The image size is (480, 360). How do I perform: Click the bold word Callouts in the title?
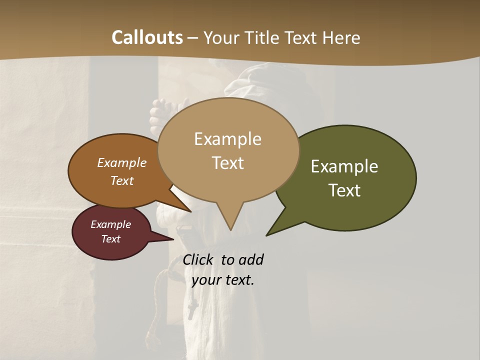pyautogui.click(x=147, y=37)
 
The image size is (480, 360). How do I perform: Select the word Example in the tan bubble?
pyautogui.click(x=227, y=139)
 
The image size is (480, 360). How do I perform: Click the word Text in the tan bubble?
pyautogui.click(x=227, y=163)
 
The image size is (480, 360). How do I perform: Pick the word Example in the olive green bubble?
pyautogui.click(x=344, y=166)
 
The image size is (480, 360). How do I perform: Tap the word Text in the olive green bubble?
pyautogui.click(x=344, y=190)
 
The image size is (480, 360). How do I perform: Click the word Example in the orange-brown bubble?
pyautogui.click(x=122, y=162)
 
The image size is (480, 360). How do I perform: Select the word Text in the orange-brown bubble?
pyautogui.click(x=122, y=180)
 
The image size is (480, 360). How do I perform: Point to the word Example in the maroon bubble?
pyautogui.click(x=110, y=224)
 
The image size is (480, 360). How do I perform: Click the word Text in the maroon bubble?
pyautogui.click(x=110, y=239)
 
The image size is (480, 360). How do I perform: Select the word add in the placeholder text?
pyautogui.click(x=251, y=259)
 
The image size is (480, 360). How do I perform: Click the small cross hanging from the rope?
pyautogui.click(x=191, y=311)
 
